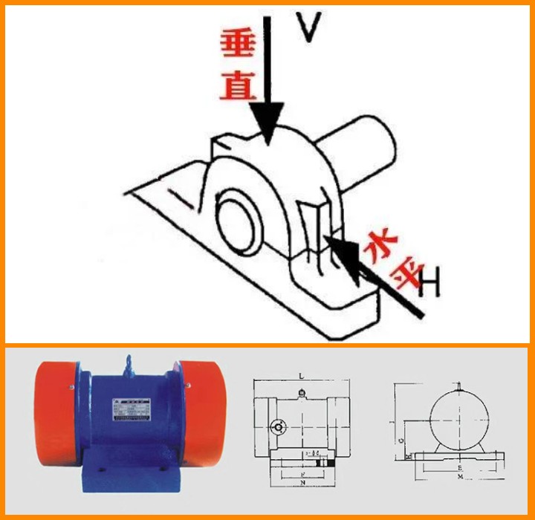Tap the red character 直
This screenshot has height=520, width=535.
pyautogui.click(x=238, y=85)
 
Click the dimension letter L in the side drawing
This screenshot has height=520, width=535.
pyautogui.click(x=302, y=377)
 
